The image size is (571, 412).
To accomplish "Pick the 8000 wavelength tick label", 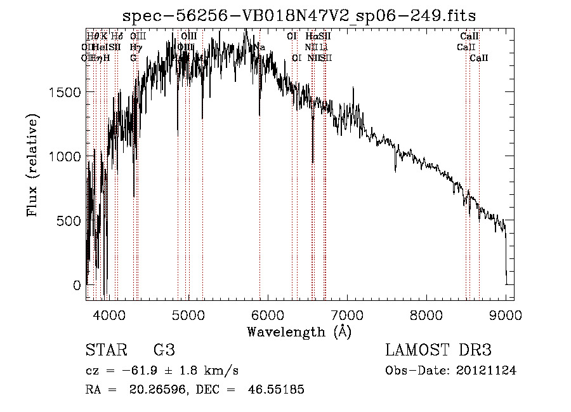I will [x=426, y=315].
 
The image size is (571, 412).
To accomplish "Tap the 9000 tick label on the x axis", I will [x=505, y=315].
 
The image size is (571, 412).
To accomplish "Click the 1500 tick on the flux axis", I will [x=65, y=92].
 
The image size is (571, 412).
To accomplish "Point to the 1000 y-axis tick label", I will [x=65, y=156].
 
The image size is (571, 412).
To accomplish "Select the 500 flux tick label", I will [x=69, y=220].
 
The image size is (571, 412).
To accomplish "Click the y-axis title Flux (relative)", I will [x=32, y=165].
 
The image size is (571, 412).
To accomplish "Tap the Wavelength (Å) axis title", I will [x=299, y=331].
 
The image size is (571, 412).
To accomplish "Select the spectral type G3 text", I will [x=164, y=350].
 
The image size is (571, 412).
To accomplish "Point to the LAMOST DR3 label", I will [x=438, y=350].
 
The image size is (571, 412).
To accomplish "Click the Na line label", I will [x=259, y=47].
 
